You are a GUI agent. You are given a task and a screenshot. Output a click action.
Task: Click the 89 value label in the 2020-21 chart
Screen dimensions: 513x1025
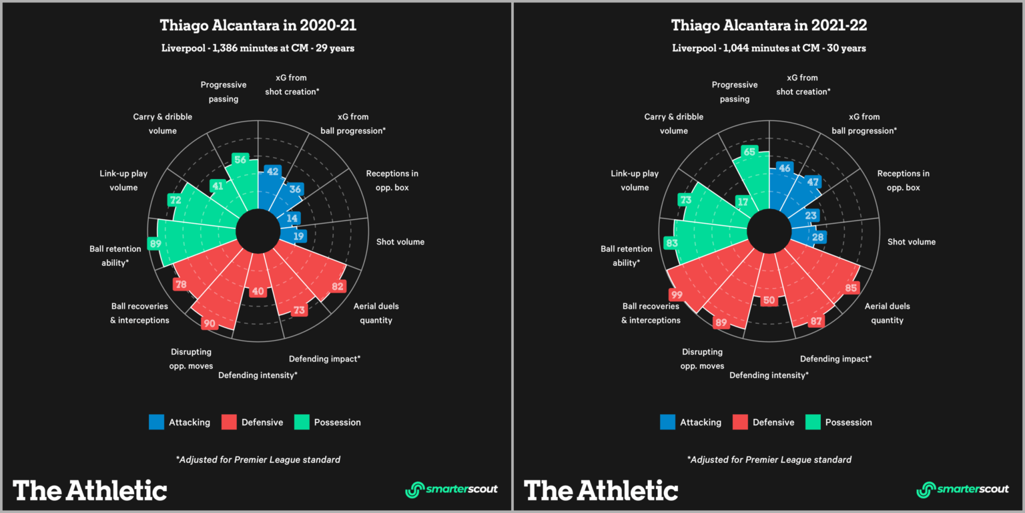[x=155, y=244]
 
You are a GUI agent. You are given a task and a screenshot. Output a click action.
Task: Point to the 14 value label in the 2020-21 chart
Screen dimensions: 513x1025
[x=292, y=218]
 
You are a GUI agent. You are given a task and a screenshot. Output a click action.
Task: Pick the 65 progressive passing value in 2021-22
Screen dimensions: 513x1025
[x=749, y=152]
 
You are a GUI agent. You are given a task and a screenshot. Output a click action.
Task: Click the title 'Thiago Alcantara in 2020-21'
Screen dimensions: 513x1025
[x=258, y=26]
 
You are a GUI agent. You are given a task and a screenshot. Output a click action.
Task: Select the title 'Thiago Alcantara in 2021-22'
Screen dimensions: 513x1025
[x=769, y=26]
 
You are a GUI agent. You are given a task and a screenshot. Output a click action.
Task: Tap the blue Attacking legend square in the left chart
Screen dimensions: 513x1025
[x=156, y=422]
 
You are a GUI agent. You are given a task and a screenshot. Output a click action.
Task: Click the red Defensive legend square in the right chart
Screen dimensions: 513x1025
[x=740, y=422]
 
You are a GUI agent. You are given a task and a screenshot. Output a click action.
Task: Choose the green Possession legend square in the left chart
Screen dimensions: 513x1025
[x=302, y=422]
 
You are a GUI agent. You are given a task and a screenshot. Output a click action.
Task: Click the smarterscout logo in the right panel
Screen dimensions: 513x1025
[x=962, y=489]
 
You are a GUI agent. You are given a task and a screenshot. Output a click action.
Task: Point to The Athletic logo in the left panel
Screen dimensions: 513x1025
[x=90, y=490]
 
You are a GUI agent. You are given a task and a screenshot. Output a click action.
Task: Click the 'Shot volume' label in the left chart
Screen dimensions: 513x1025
[x=400, y=242]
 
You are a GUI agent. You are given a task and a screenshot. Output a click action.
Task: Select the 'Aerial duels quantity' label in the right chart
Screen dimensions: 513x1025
[x=887, y=313]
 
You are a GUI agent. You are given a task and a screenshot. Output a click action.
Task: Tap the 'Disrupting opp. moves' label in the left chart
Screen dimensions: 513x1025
[x=192, y=359]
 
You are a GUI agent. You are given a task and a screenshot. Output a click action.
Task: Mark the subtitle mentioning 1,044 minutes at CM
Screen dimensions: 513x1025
[x=769, y=48]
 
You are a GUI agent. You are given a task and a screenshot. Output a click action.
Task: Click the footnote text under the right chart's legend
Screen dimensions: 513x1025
[x=769, y=460]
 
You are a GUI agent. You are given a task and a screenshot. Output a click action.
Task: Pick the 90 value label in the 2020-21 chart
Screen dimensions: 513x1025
[x=209, y=323]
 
